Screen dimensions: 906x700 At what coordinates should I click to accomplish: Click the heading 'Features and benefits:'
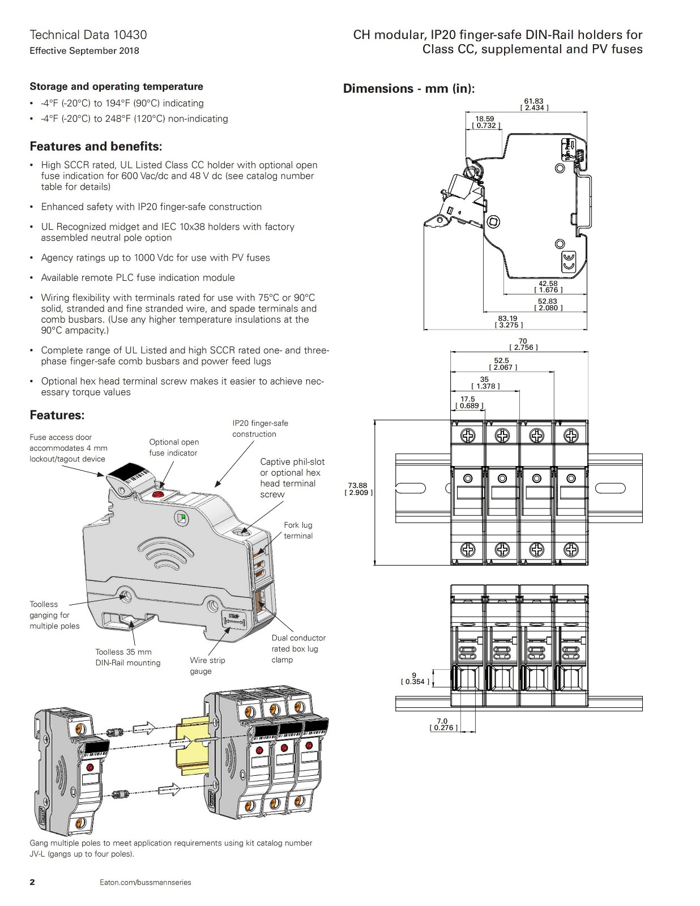click(96, 147)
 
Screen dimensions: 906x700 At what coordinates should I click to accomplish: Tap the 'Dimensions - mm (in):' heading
click(408, 89)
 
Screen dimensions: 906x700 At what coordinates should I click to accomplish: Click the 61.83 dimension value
click(533, 101)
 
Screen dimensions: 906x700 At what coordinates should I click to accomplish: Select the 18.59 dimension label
click(485, 119)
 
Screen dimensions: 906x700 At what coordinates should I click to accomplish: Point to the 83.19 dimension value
click(508, 319)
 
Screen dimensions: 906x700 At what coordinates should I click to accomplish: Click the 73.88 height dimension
click(357, 486)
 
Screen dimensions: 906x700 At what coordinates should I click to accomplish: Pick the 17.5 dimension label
click(468, 399)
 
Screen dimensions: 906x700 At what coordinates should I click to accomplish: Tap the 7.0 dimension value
click(442, 721)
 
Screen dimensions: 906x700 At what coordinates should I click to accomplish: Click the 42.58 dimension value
click(548, 284)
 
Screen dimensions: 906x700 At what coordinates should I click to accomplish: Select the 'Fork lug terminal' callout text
click(298, 531)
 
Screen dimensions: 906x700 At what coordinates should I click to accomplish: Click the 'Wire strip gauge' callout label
click(207, 666)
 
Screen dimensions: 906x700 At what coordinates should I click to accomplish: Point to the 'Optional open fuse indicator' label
click(174, 447)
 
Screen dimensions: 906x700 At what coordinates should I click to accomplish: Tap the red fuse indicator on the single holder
click(157, 494)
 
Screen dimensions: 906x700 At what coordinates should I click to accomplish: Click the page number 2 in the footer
click(32, 882)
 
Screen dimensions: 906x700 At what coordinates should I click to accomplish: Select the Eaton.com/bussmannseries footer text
click(146, 882)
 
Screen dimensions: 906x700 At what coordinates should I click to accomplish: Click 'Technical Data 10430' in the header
click(88, 35)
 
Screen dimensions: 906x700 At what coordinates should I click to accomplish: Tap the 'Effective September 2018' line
click(84, 51)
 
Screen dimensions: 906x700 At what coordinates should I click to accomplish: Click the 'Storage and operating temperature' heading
click(116, 87)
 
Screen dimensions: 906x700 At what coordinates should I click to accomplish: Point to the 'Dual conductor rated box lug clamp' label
click(298, 649)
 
